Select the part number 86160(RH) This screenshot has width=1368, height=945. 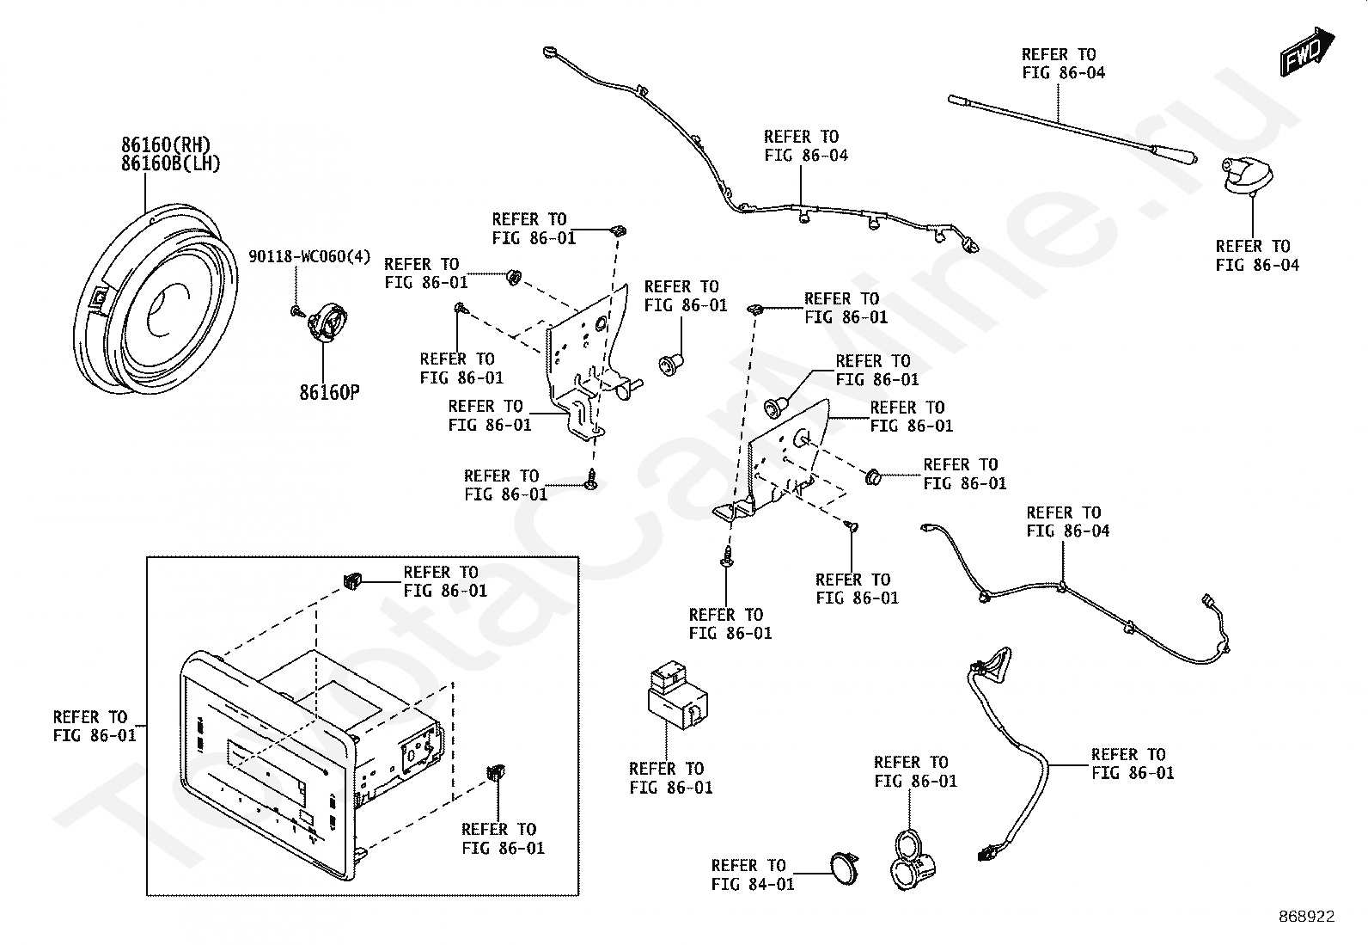(166, 144)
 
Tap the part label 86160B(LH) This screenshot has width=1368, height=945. (171, 163)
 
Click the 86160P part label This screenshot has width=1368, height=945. (329, 393)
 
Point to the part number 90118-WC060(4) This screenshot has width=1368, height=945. (309, 256)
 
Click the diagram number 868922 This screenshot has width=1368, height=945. (1305, 917)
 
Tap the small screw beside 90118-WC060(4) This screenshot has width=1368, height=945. (296, 310)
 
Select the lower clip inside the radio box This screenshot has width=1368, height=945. (495, 771)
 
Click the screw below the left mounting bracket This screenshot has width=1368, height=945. (590, 480)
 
